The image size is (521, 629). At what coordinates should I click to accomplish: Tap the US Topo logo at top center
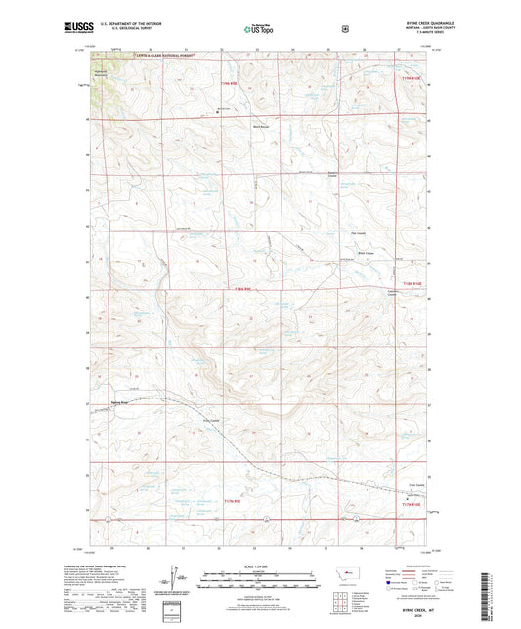click(x=259, y=30)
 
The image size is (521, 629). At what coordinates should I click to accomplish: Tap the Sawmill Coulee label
click(x=332, y=177)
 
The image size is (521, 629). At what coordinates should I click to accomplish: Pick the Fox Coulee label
click(x=358, y=233)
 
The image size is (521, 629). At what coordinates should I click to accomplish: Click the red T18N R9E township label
click(x=249, y=289)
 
